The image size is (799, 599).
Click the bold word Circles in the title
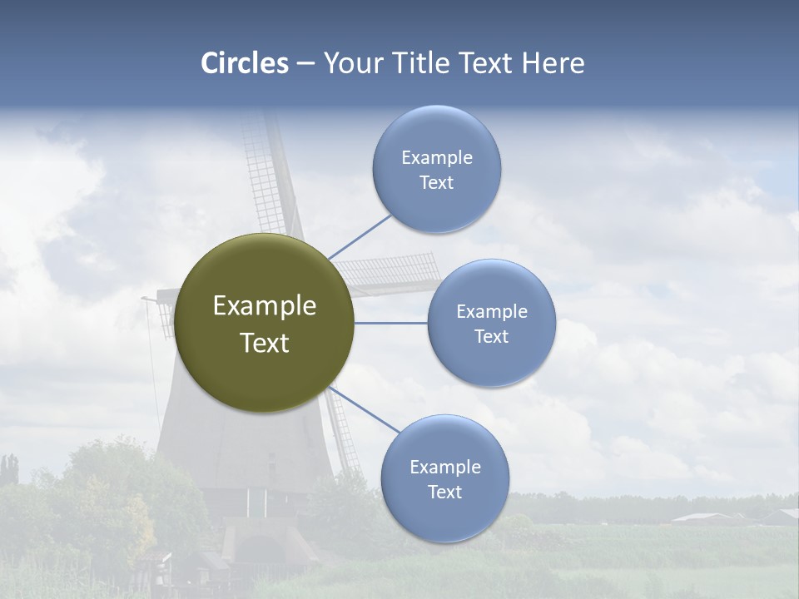(x=245, y=63)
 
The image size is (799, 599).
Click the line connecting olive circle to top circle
(x=360, y=237)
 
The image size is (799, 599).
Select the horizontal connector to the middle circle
(x=390, y=323)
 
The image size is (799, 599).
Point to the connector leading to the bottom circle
(x=366, y=409)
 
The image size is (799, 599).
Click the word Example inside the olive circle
(x=264, y=306)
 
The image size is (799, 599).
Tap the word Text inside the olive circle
(x=264, y=343)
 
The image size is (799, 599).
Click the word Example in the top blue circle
(x=436, y=158)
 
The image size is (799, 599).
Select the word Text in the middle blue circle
(x=491, y=336)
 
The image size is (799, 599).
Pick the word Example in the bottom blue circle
(x=444, y=467)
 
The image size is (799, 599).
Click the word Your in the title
(x=352, y=63)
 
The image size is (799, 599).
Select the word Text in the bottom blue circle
(x=444, y=492)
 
